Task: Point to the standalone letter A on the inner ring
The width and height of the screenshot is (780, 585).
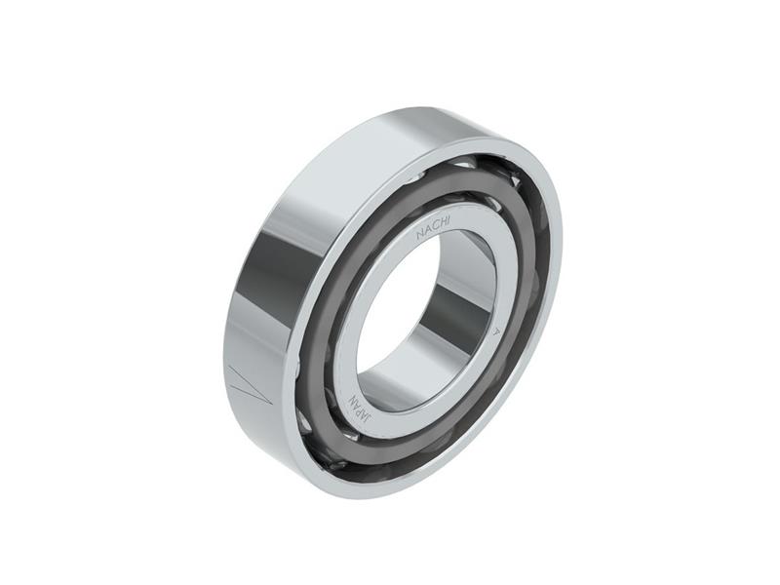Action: [496, 331]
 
